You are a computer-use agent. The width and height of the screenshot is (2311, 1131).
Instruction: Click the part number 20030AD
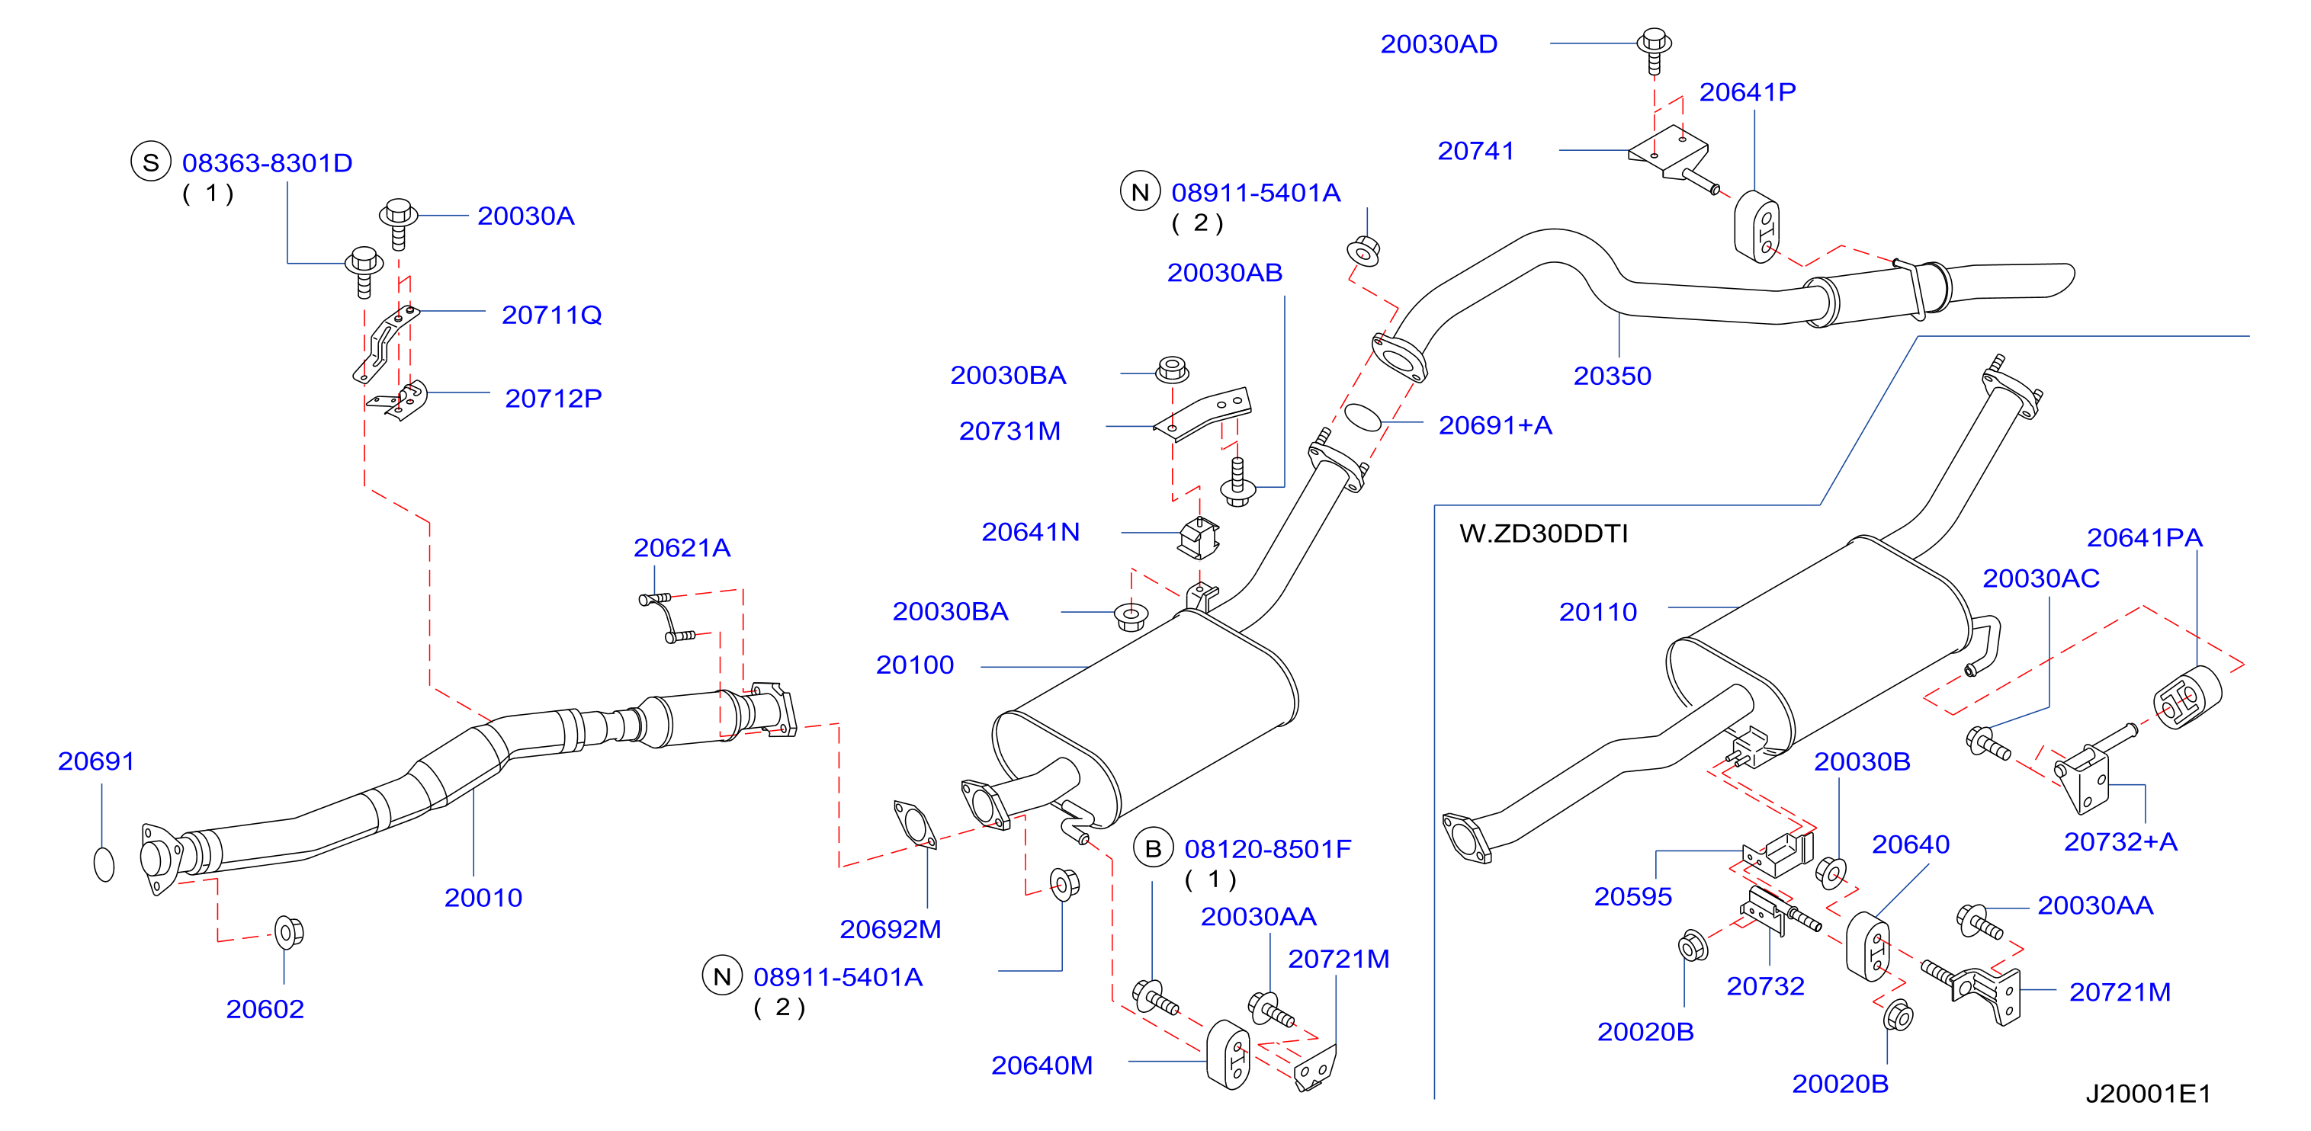point(1438,44)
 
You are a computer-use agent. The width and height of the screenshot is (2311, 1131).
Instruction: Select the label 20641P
point(1747,91)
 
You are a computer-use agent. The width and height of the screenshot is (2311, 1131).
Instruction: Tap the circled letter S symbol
point(151,162)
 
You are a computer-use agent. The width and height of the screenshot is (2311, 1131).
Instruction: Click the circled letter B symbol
point(1153,848)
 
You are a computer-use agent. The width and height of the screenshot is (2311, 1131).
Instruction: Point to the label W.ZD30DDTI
point(1543,533)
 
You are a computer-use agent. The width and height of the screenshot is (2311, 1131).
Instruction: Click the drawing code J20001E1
point(2148,1094)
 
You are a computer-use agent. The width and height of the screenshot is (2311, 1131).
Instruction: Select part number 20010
point(483,897)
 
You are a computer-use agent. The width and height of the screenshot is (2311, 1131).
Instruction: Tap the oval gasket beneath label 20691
point(104,863)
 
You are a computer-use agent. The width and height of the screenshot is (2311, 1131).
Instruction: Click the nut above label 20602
point(288,932)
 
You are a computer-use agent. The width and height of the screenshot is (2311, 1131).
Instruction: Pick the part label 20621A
point(682,547)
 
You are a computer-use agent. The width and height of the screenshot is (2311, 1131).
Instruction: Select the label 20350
point(1612,376)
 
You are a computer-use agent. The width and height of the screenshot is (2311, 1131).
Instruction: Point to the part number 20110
point(1598,612)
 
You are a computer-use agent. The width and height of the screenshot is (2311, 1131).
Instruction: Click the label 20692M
point(890,929)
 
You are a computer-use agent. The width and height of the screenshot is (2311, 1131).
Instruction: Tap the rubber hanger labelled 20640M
point(1228,1055)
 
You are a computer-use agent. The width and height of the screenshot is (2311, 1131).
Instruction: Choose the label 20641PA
point(2144,537)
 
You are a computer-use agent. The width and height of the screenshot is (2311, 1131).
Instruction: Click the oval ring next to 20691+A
point(1363,417)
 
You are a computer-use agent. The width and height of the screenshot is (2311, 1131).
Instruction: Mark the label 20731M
point(1009,431)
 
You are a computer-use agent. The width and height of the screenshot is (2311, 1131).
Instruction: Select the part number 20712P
point(553,399)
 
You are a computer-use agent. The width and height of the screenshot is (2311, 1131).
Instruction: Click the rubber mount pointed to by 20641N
point(1199,537)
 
